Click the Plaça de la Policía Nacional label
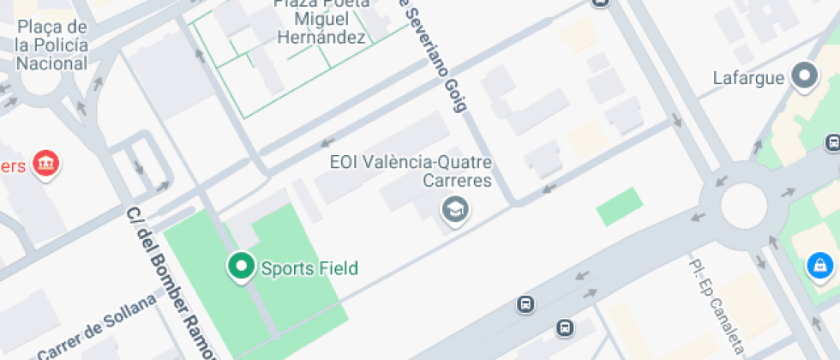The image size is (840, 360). (51, 45)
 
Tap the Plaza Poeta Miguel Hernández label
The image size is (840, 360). (321, 20)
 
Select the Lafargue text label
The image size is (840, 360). (748, 78)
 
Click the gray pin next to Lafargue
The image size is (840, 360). (804, 76)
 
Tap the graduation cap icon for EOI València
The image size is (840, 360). (453, 208)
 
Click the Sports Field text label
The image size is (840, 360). (309, 268)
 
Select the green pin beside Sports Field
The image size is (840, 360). (241, 267)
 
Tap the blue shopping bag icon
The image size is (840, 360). (819, 266)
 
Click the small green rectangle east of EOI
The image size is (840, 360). (619, 206)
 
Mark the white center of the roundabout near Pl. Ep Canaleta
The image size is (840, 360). (742, 207)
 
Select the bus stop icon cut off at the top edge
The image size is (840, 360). (601, 3)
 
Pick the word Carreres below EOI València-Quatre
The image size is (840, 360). (458, 180)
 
